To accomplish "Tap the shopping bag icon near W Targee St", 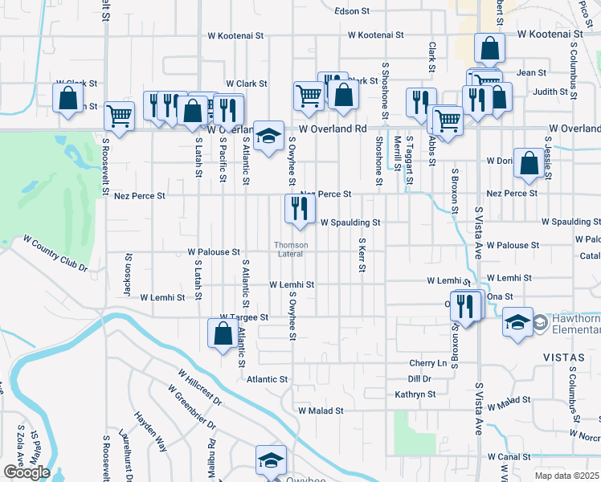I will coord(222,333).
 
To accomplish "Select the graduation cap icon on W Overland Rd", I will coord(269,134).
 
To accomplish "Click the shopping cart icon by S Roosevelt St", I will coord(119,116).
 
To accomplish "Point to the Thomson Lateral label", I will coord(290,250).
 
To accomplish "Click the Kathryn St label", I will coord(415,394).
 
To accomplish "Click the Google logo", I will coord(27,472).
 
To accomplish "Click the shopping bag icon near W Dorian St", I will coord(528,163).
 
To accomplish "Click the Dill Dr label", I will coord(419,378).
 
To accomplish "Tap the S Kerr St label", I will coord(362,259).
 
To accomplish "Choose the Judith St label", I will coord(550,92).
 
